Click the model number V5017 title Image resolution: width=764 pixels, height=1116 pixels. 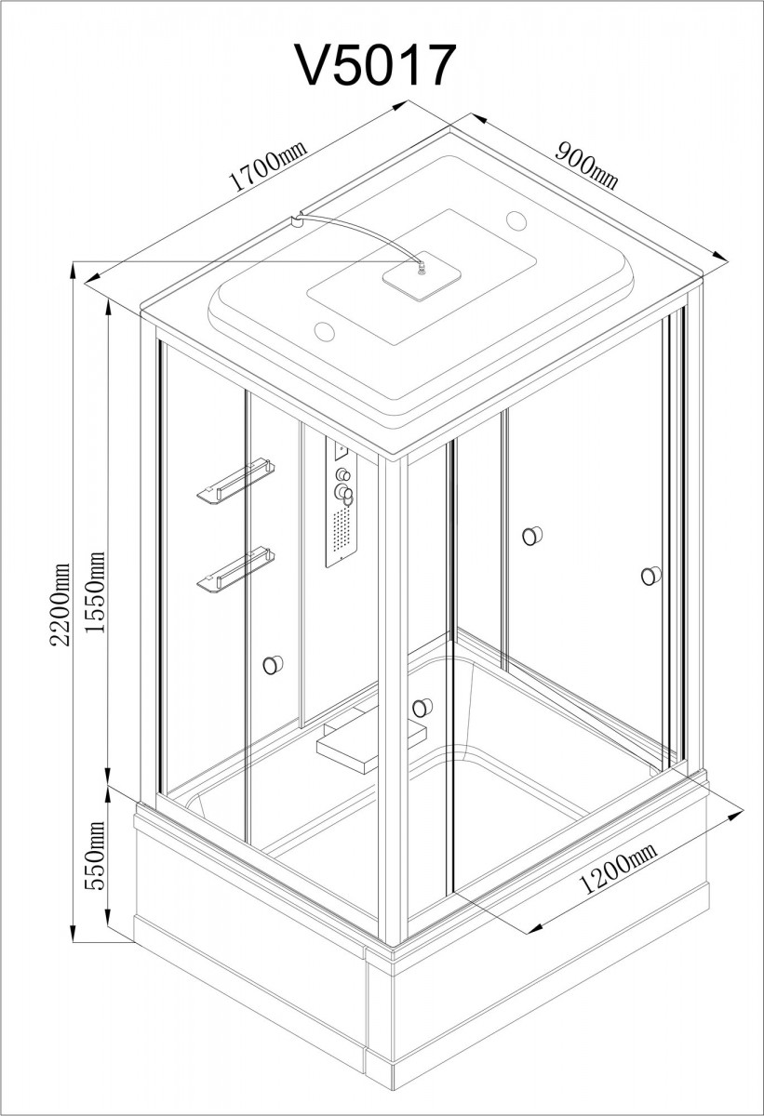(376, 66)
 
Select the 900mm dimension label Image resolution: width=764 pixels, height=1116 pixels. (586, 166)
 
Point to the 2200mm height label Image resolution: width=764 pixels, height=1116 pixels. (60, 604)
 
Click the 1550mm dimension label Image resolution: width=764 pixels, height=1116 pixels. (95, 591)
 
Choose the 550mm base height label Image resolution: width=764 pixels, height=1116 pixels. (95, 856)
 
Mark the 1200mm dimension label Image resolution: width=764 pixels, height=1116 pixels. (618, 868)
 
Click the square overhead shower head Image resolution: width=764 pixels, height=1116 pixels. (422, 275)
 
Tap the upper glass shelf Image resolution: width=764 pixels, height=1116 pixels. (235, 480)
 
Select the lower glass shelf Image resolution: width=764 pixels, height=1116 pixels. (235, 570)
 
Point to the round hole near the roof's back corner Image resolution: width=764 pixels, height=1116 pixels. (516, 219)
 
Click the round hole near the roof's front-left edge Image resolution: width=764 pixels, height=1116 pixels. (325, 331)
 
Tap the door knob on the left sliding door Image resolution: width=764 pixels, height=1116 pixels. (273, 665)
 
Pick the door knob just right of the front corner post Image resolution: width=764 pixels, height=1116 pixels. (422, 708)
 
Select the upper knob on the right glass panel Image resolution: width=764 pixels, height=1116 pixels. (532, 536)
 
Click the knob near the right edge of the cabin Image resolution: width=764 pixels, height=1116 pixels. (650, 576)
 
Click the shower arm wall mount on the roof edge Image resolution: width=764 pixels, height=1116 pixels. (297, 220)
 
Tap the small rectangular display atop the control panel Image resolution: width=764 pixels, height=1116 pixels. (342, 450)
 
